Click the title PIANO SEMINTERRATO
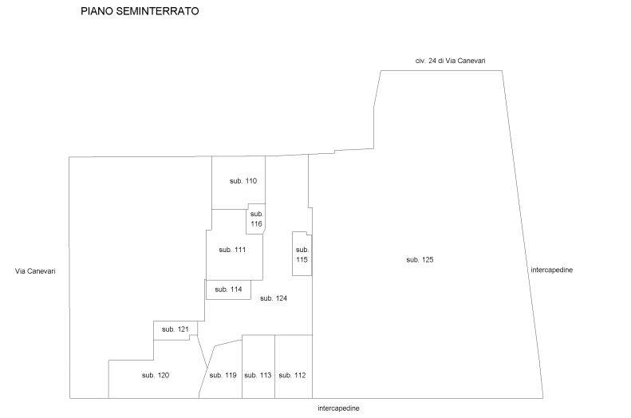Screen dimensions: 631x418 (140, 11)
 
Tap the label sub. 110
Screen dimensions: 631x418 (243, 181)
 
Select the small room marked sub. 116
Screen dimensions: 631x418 (256, 219)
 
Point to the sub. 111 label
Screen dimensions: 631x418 (232, 250)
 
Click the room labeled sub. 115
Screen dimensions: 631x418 (302, 254)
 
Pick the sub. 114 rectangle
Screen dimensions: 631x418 (229, 290)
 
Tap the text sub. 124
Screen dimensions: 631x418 (274, 298)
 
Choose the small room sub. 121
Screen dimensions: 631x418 (175, 330)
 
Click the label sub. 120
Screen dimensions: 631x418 (156, 376)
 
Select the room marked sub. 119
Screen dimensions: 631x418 (222, 370)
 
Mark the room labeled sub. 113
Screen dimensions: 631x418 (258, 366)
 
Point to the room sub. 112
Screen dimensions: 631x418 (294, 366)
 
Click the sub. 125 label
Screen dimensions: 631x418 (420, 260)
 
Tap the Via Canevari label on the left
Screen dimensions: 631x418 (35, 271)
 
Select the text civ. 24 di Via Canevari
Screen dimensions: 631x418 (450, 61)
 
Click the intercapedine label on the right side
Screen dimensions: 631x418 (552, 270)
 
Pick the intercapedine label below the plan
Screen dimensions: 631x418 (338, 408)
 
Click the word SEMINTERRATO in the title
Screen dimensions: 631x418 (157, 11)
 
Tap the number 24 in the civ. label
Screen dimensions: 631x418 (432, 61)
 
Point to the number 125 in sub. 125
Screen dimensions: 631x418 (427, 260)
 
